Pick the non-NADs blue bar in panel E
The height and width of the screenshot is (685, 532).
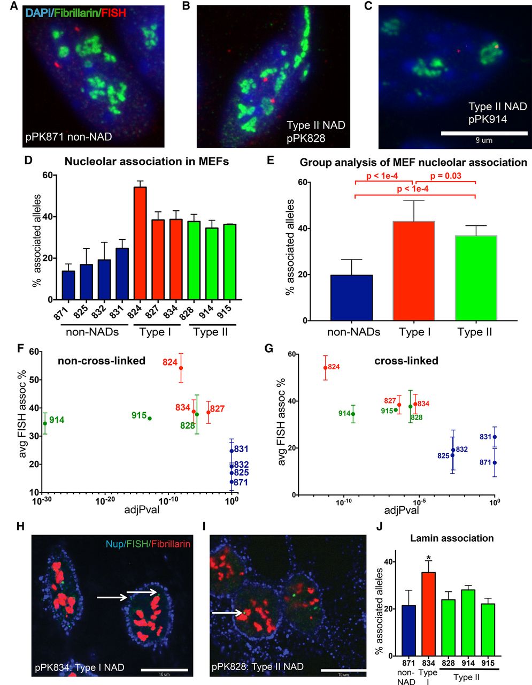pos(351,298)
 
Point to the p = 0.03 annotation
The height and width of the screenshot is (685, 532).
pos(446,176)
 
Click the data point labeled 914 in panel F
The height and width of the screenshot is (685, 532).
pos(45,423)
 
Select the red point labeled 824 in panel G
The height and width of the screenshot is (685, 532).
pos(326,368)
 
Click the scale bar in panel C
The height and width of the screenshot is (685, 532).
pos(484,132)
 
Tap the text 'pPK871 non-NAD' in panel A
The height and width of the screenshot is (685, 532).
pos(69,137)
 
